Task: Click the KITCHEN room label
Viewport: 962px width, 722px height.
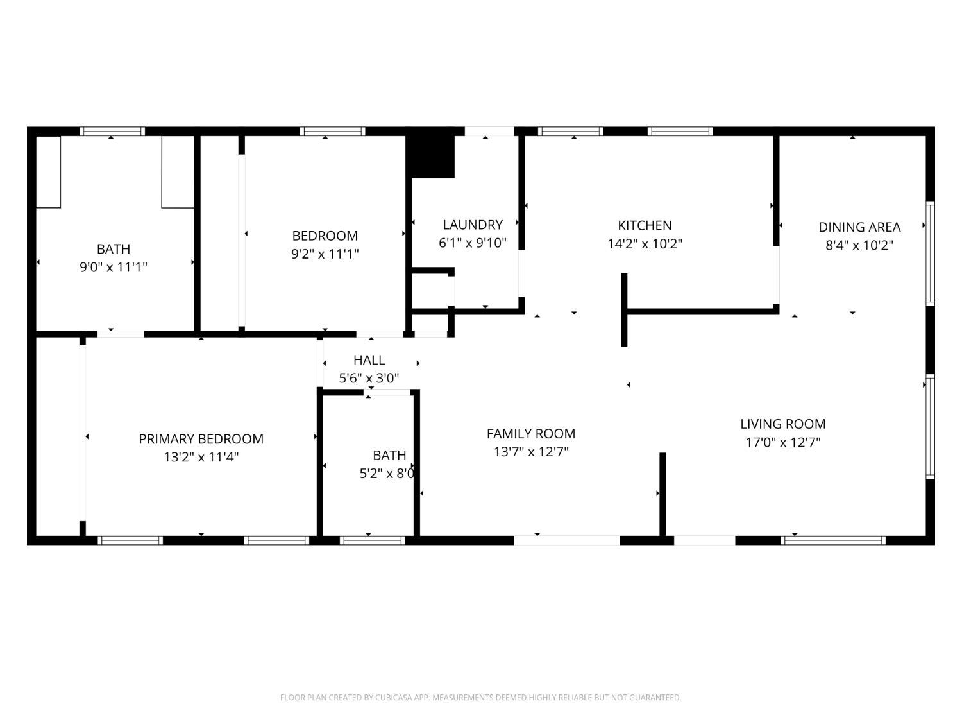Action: click(645, 225)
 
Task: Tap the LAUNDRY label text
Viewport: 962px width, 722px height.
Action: click(473, 225)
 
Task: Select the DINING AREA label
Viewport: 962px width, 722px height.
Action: click(859, 227)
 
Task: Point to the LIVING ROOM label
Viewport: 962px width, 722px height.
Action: click(782, 424)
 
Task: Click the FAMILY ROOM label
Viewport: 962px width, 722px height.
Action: click(531, 433)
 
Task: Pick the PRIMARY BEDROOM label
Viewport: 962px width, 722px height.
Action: click(201, 439)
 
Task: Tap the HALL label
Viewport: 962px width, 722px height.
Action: click(369, 360)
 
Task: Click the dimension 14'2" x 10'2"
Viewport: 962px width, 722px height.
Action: click(645, 244)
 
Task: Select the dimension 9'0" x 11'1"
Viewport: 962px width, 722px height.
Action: click(114, 267)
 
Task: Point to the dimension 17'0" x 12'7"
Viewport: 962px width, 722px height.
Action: click(782, 442)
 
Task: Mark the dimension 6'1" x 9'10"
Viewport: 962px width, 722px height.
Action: click(473, 243)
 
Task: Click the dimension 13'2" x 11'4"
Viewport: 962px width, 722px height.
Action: click(201, 457)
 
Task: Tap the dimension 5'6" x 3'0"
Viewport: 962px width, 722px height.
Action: click(369, 378)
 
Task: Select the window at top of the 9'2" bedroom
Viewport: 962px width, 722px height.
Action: click(332, 131)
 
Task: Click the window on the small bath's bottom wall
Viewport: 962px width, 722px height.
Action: click(372, 540)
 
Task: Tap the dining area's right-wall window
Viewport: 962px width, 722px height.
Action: click(930, 252)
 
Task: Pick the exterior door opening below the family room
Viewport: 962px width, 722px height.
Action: click(567, 540)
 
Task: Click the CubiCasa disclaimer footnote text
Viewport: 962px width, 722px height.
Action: click(480, 698)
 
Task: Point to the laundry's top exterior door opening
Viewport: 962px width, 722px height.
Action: click(489, 131)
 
